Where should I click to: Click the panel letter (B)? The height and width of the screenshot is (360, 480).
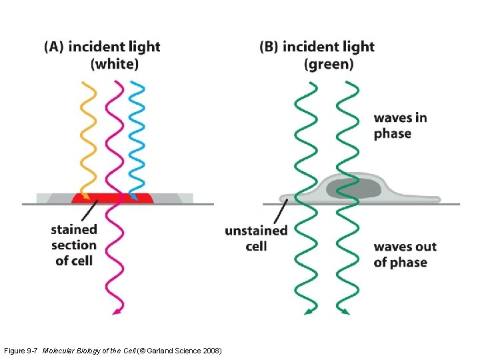pyautogui.click(x=269, y=47)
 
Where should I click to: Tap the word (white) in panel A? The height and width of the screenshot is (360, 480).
pyautogui.click(x=115, y=65)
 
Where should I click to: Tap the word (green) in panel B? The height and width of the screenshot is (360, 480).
pyautogui.click(x=329, y=65)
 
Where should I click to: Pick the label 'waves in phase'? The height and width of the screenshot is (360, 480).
pyautogui.click(x=400, y=125)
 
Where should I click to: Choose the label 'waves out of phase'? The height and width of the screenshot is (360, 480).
pyautogui.click(x=405, y=255)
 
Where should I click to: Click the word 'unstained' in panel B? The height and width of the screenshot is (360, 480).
pyautogui.click(x=256, y=231)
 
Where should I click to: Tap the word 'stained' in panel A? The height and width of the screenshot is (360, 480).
pyautogui.click(x=74, y=229)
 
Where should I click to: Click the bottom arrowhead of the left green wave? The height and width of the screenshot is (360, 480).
pyautogui.click(x=308, y=310)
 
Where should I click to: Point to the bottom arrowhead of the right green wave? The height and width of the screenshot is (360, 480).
pyautogui.click(x=345, y=310)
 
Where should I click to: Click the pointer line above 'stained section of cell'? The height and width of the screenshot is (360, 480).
pyautogui.click(x=91, y=211)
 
